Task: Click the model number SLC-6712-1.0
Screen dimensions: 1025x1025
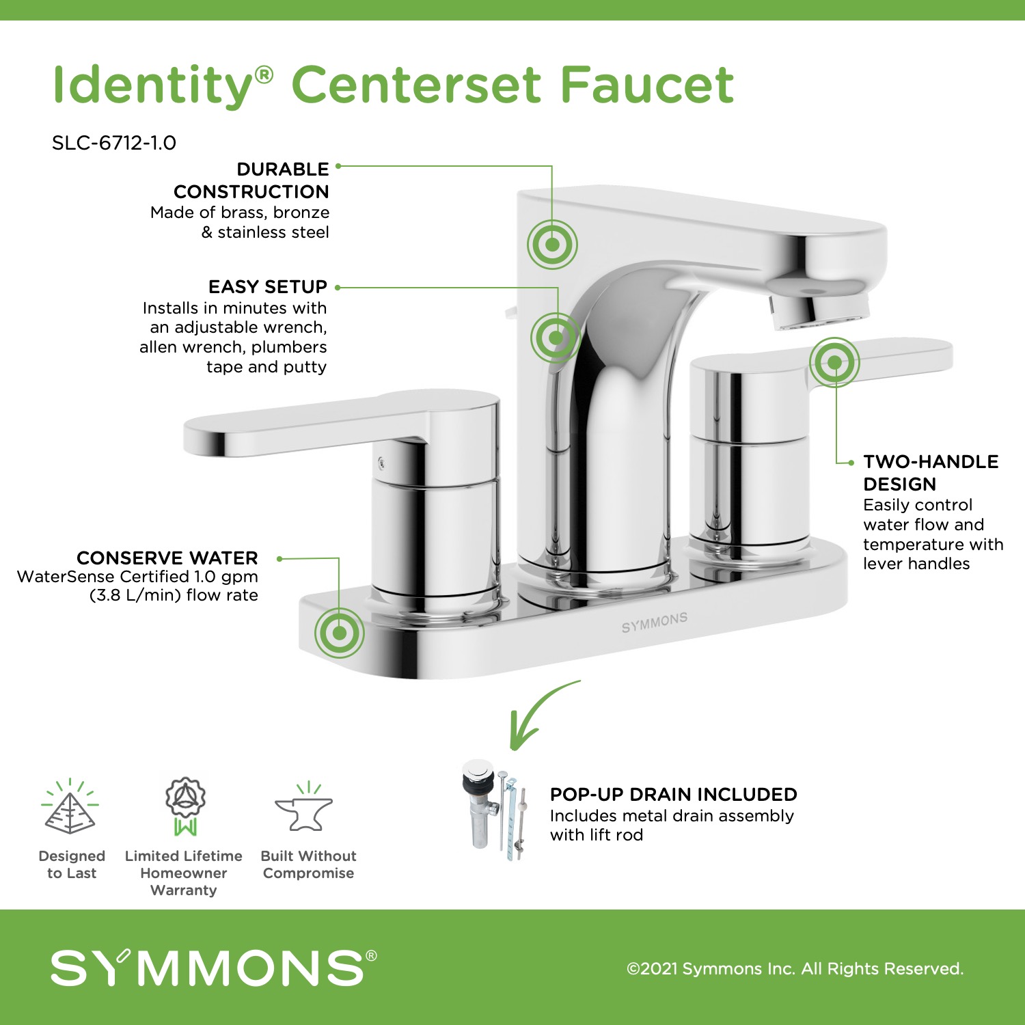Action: click(114, 143)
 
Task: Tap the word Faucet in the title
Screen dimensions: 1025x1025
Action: click(648, 85)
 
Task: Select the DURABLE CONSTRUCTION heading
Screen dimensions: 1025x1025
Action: click(251, 180)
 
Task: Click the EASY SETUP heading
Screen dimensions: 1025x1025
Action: click(268, 286)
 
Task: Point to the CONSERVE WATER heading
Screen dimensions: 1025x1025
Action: click(167, 558)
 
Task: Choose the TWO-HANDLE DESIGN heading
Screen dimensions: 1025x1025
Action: click(931, 473)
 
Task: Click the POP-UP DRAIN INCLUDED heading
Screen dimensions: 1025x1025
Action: click(673, 794)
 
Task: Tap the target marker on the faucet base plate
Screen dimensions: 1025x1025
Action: click(339, 633)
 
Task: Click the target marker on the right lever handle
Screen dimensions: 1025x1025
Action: click(834, 362)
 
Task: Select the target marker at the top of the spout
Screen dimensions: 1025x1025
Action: click(552, 245)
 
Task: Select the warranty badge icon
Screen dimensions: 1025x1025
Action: click(184, 806)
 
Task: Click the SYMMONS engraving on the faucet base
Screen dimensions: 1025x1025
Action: click(654, 623)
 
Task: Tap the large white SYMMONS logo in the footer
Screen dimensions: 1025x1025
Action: click(213, 968)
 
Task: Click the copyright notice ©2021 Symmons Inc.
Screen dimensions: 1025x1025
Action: click(795, 968)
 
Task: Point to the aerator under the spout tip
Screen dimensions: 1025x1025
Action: click(819, 309)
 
